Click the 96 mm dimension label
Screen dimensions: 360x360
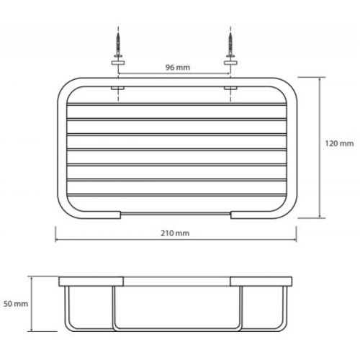point(178,68)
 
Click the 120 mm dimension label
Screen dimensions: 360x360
point(339,143)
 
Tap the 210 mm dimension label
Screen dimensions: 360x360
point(175,233)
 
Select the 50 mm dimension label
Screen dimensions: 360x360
point(16,304)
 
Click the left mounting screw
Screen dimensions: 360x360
point(118,44)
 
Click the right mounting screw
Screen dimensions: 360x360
point(230,44)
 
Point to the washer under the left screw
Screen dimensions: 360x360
point(118,63)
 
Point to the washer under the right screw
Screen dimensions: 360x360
point(230,63)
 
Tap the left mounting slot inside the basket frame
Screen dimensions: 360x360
point(117,88)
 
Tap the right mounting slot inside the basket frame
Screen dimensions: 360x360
point(230,88)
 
